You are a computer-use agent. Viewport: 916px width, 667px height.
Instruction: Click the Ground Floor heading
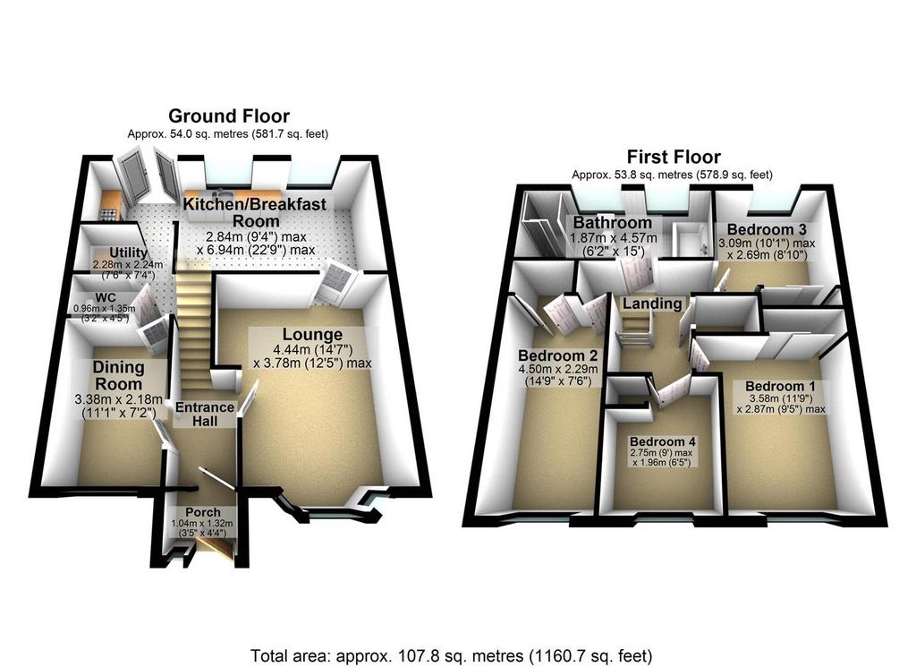(228, 115)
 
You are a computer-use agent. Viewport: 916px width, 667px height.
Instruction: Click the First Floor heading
(673, 157)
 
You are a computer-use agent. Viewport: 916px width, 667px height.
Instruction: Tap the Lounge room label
(312, 334)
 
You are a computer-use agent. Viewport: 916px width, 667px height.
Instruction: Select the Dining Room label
(119, 376)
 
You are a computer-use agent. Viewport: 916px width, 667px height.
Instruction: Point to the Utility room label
(128, 252)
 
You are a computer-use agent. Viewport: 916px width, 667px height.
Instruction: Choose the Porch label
(203, 513)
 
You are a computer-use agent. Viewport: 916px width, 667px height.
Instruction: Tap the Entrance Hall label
(205, 414)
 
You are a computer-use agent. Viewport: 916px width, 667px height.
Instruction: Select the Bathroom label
(612, 223)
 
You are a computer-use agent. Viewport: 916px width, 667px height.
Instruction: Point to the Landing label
(651, 304)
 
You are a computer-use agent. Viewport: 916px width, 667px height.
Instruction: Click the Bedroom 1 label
(780, 387)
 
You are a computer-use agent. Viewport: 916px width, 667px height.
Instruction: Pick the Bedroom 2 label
(557, 355)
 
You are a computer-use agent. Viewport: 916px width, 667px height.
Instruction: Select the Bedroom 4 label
(663, 441)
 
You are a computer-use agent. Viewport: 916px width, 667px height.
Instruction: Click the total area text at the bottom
(452, 656)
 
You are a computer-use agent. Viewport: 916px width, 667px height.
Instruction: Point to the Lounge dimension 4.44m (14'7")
(312, 349)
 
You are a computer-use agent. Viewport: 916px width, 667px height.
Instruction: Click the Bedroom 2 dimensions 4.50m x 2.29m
(558, 370)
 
